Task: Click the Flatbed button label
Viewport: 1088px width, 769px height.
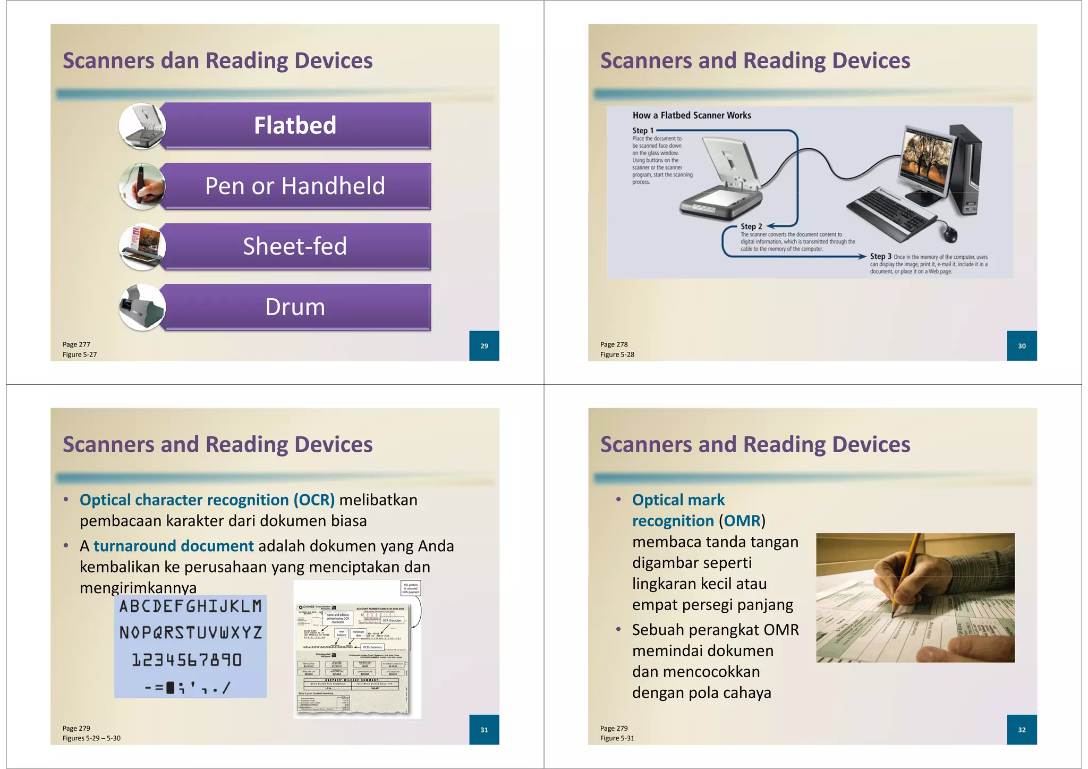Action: [x=295, y=126]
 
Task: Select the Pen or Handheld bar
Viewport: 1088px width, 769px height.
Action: [x=295, y=186]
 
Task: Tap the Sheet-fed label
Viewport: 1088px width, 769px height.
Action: [x=295, y=247]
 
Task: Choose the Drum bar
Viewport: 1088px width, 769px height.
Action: [x=295, y=307]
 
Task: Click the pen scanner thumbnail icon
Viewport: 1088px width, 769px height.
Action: [x=142, y=187]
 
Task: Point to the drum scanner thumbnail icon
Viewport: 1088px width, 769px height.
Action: [x=142, y=307]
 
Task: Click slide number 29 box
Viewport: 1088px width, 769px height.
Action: [x=484, y=346]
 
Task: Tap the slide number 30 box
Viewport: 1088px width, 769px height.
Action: [x=1022, y=346]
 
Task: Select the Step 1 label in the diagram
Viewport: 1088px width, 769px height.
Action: [x=643, y=130]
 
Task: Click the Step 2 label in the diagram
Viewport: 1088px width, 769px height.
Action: [x=751, y=226]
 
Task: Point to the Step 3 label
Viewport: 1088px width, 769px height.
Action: [x=880, y=256]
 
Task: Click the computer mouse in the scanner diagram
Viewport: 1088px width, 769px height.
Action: [x=950, y=232]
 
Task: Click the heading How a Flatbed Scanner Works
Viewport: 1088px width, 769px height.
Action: [x=692, y=115]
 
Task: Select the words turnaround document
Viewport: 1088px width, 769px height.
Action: [x=174, y=546]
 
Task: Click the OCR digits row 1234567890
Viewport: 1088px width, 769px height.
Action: [x=187, y=660]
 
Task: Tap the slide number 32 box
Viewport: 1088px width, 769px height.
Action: [x=1022, y=730]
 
